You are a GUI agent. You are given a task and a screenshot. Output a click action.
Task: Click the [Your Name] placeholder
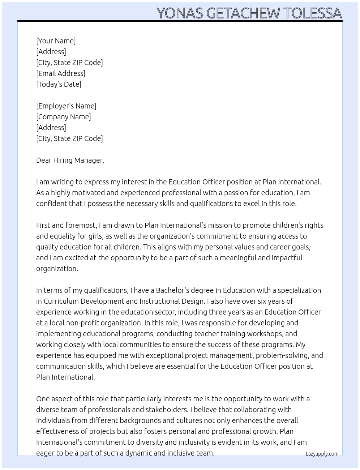pyautogui.click(x=56, y=41)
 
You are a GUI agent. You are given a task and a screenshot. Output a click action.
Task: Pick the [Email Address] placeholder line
pyautogui.click(x=61, y=73)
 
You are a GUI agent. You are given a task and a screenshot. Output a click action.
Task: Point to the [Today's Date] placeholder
pyautogui.click(x=59, y=84)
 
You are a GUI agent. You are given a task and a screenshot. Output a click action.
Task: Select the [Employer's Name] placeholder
pyautogui.click(x=66, y=106)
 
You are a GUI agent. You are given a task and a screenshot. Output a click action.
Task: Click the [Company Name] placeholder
pyautogui.click(x=63, y=117)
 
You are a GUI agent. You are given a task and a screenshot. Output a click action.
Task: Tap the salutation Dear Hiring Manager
pyautogui.click(x=70, y=160)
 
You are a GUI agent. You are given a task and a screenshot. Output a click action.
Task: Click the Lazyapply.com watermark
pyautogui.click(x=322, y=454)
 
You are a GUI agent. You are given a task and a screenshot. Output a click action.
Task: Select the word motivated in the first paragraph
pyautogui.click(x=85, y=193)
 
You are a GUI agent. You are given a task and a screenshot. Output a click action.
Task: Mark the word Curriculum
pyautogui.click(x=61, y=301)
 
